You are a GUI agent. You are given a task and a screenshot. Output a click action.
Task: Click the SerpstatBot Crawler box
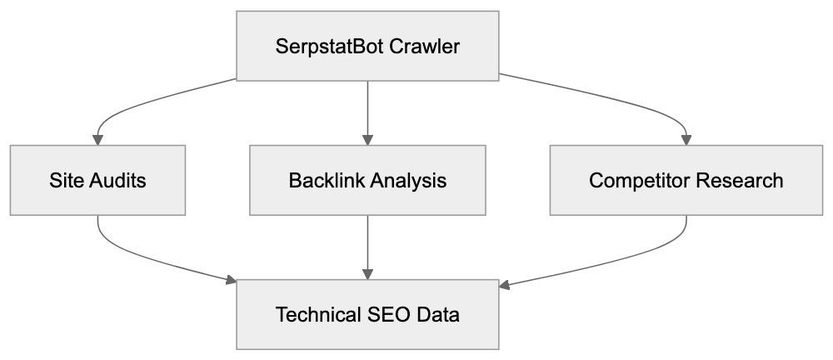point(367,45)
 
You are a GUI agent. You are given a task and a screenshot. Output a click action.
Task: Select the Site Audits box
point(97,180)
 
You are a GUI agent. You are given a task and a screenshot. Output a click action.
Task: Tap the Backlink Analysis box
point(367,180)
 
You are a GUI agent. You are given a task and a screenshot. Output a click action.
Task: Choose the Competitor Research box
point(686,180)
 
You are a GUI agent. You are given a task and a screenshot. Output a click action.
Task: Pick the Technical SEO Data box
point(367,315)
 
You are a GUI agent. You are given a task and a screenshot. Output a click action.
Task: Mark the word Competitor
point(637,180)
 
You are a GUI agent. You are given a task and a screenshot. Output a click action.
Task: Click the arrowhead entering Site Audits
point(97,138)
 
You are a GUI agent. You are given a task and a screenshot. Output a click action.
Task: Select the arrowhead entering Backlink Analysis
point(367,138)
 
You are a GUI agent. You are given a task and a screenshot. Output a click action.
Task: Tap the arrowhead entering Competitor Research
point(686,138)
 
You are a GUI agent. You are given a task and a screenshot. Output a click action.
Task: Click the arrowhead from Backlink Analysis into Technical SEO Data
point(367,273)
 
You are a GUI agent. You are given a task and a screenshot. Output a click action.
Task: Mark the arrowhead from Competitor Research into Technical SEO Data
point(505,286)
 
